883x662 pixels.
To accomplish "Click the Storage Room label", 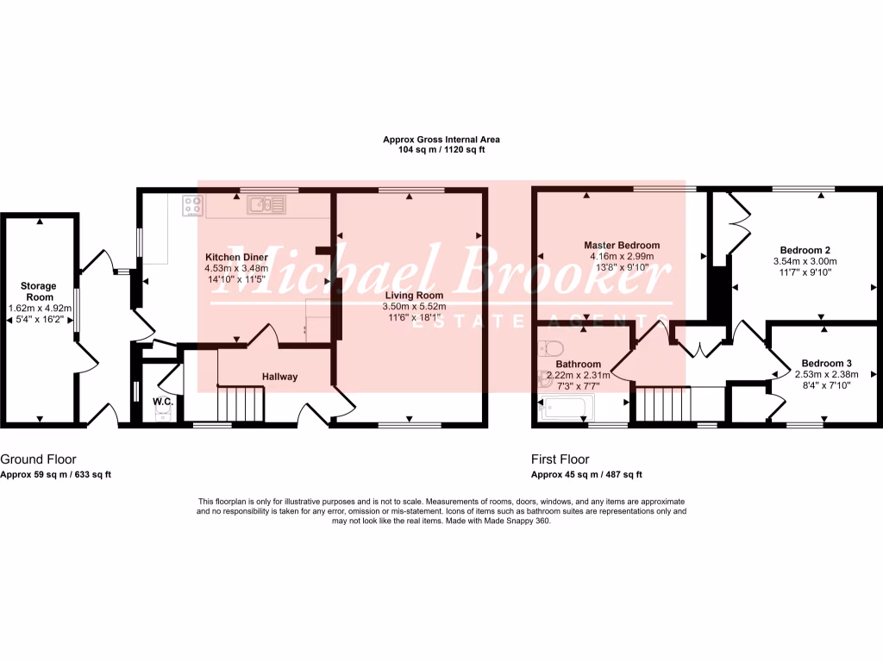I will (x=39, y=290).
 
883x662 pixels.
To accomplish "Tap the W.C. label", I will (x=163, y=402).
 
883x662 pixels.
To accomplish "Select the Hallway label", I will (x=280, y=377).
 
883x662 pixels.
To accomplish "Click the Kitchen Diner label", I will (x=236, y=257).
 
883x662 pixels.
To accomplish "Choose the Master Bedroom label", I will (x=621, y=244).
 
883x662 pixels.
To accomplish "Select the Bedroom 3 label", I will (x=826, y=363).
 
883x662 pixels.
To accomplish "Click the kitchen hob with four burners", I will (x=193, y=206).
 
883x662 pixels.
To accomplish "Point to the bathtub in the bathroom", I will (x=565, y=408).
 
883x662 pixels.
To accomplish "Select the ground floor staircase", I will (x=239, y=403).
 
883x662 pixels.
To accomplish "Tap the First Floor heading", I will (x=560, y=459).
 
